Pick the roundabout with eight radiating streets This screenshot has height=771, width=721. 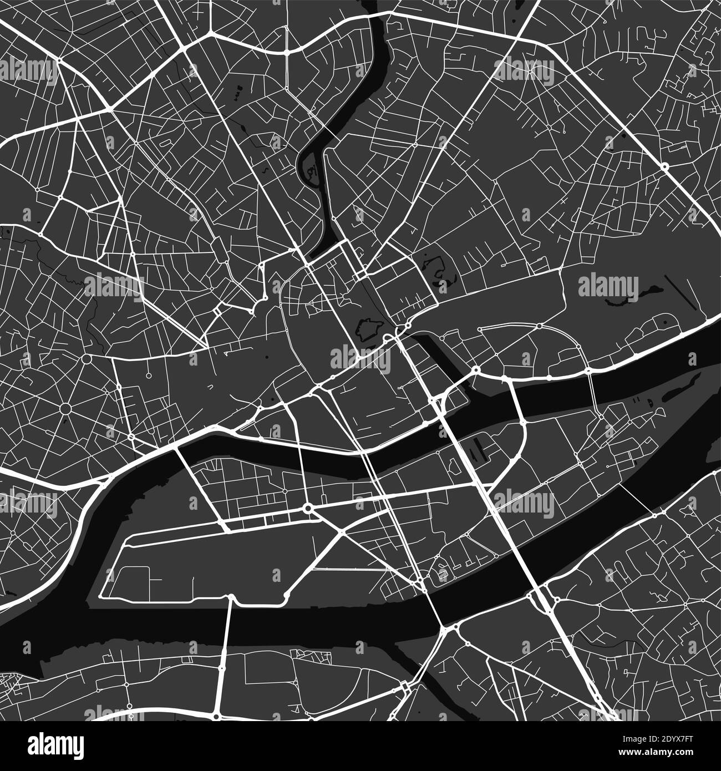[65, 409]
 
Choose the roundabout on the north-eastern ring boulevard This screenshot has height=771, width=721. [664, 166]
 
